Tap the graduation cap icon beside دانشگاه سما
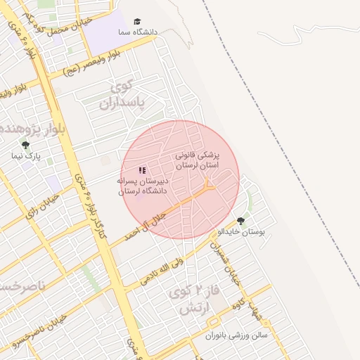138,22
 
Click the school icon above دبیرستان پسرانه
143,170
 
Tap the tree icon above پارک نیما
26,145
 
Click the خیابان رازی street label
44,210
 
